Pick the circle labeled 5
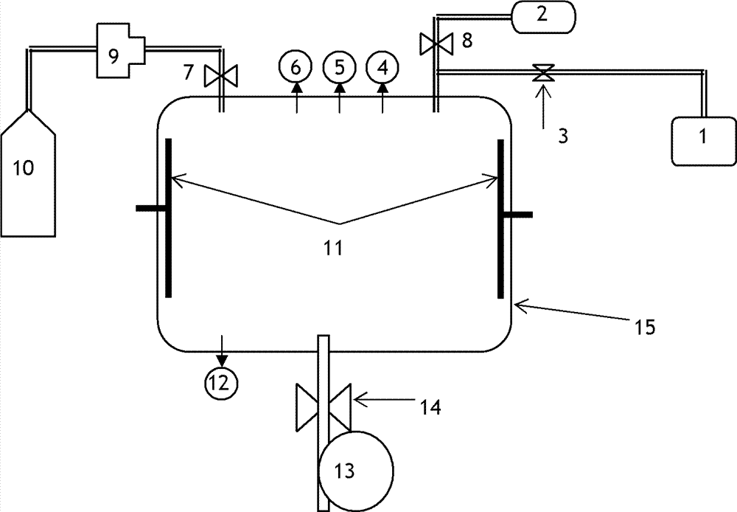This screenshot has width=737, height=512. click(340, 68)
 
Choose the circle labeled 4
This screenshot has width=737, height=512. click(383, 68)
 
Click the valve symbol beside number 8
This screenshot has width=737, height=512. click(434, 43)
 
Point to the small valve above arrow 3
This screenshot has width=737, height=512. click(544, 72)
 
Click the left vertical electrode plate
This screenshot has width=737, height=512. click(169, 218)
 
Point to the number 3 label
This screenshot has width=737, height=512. click(562, 136)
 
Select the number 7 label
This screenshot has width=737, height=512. click(189, 72)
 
